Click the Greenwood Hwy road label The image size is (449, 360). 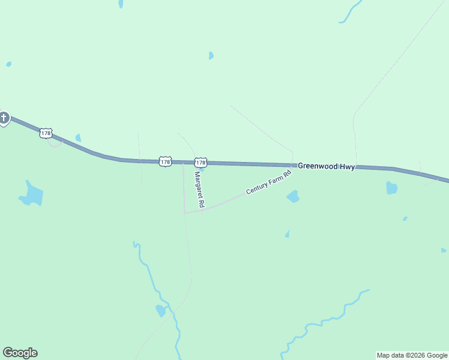[x=327, y=166]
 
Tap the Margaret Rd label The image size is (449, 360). [x=199, y=190]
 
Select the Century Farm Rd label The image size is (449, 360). [x=268, y=182]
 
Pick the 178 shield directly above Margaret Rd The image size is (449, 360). [x=200, y=163]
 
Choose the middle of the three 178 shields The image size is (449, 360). [x=166, y=161]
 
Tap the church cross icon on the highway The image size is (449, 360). [x=4, y=118]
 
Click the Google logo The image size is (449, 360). [x=20, y=353]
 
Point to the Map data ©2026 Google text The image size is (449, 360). [x=412, y=355]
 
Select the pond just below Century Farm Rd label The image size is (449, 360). [x=293, y=196]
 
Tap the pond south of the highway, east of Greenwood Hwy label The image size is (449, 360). [x=391, y=188]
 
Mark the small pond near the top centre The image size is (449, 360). [x=211, y=56]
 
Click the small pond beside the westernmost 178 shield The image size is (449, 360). [x=78, y=138]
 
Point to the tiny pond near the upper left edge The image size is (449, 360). [x=8, y=64]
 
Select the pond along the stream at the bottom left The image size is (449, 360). [x=160, y=310]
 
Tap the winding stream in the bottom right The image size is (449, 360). [x=324, y=322]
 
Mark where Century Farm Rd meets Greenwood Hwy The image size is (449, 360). [x=292, y=165]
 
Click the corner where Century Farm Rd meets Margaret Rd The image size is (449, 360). [x=185, y=212]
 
